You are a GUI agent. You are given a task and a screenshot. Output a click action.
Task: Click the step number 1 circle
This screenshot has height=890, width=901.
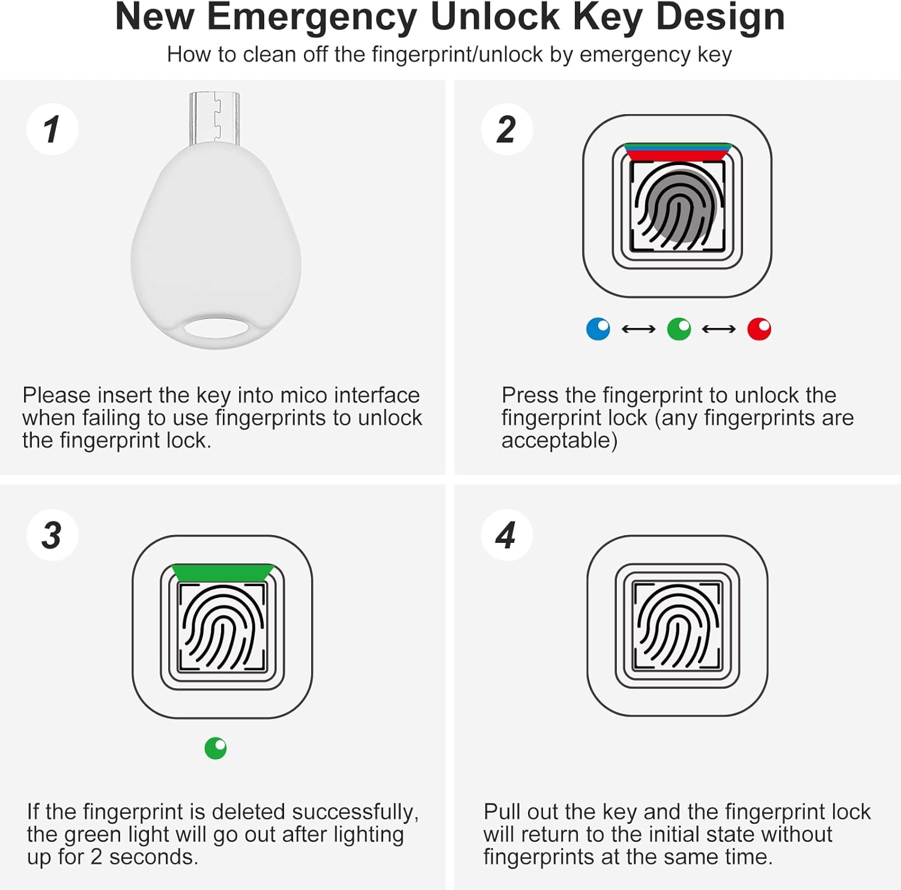(52, 129)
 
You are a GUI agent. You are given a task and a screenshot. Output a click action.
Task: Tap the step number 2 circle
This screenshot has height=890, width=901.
(506, 129)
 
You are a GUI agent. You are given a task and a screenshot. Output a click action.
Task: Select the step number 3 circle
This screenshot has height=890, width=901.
(52, 535)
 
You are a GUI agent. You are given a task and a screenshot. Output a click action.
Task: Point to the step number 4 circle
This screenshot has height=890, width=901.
(506, 535)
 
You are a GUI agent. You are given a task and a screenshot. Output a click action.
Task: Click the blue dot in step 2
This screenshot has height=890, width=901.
(598, 329)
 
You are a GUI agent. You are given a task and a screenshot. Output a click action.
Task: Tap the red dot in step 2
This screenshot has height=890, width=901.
(759, 329)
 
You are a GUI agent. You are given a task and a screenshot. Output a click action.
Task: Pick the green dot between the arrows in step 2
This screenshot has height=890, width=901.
(679, 329)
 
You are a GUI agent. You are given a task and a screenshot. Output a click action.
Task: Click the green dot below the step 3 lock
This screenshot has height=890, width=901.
(216, 748)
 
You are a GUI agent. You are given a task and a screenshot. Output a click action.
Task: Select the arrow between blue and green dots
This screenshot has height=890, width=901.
(638, 329)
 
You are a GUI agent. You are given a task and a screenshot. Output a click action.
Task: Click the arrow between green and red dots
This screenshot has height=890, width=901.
(718, 329)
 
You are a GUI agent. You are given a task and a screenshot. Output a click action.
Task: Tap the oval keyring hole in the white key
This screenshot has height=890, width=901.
(216, 329)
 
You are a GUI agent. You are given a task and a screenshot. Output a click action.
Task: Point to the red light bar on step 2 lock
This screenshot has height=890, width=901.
(678, 155)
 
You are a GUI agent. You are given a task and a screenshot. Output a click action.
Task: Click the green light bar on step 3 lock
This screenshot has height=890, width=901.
(223, 573)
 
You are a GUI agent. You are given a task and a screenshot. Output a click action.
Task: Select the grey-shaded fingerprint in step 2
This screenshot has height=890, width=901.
(678, 207)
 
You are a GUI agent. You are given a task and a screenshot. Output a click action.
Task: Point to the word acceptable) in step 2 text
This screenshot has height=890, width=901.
(559, 441)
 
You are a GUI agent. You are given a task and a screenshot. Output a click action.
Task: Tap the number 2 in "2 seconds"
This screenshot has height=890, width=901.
(96, 857)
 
